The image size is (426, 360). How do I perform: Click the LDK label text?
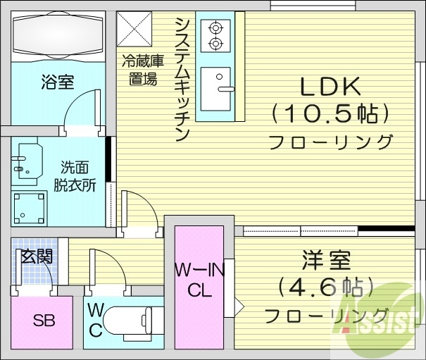[330, 87]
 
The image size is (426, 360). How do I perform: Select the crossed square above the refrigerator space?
[134, 30]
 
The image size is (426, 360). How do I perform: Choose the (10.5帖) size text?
[330, 113]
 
